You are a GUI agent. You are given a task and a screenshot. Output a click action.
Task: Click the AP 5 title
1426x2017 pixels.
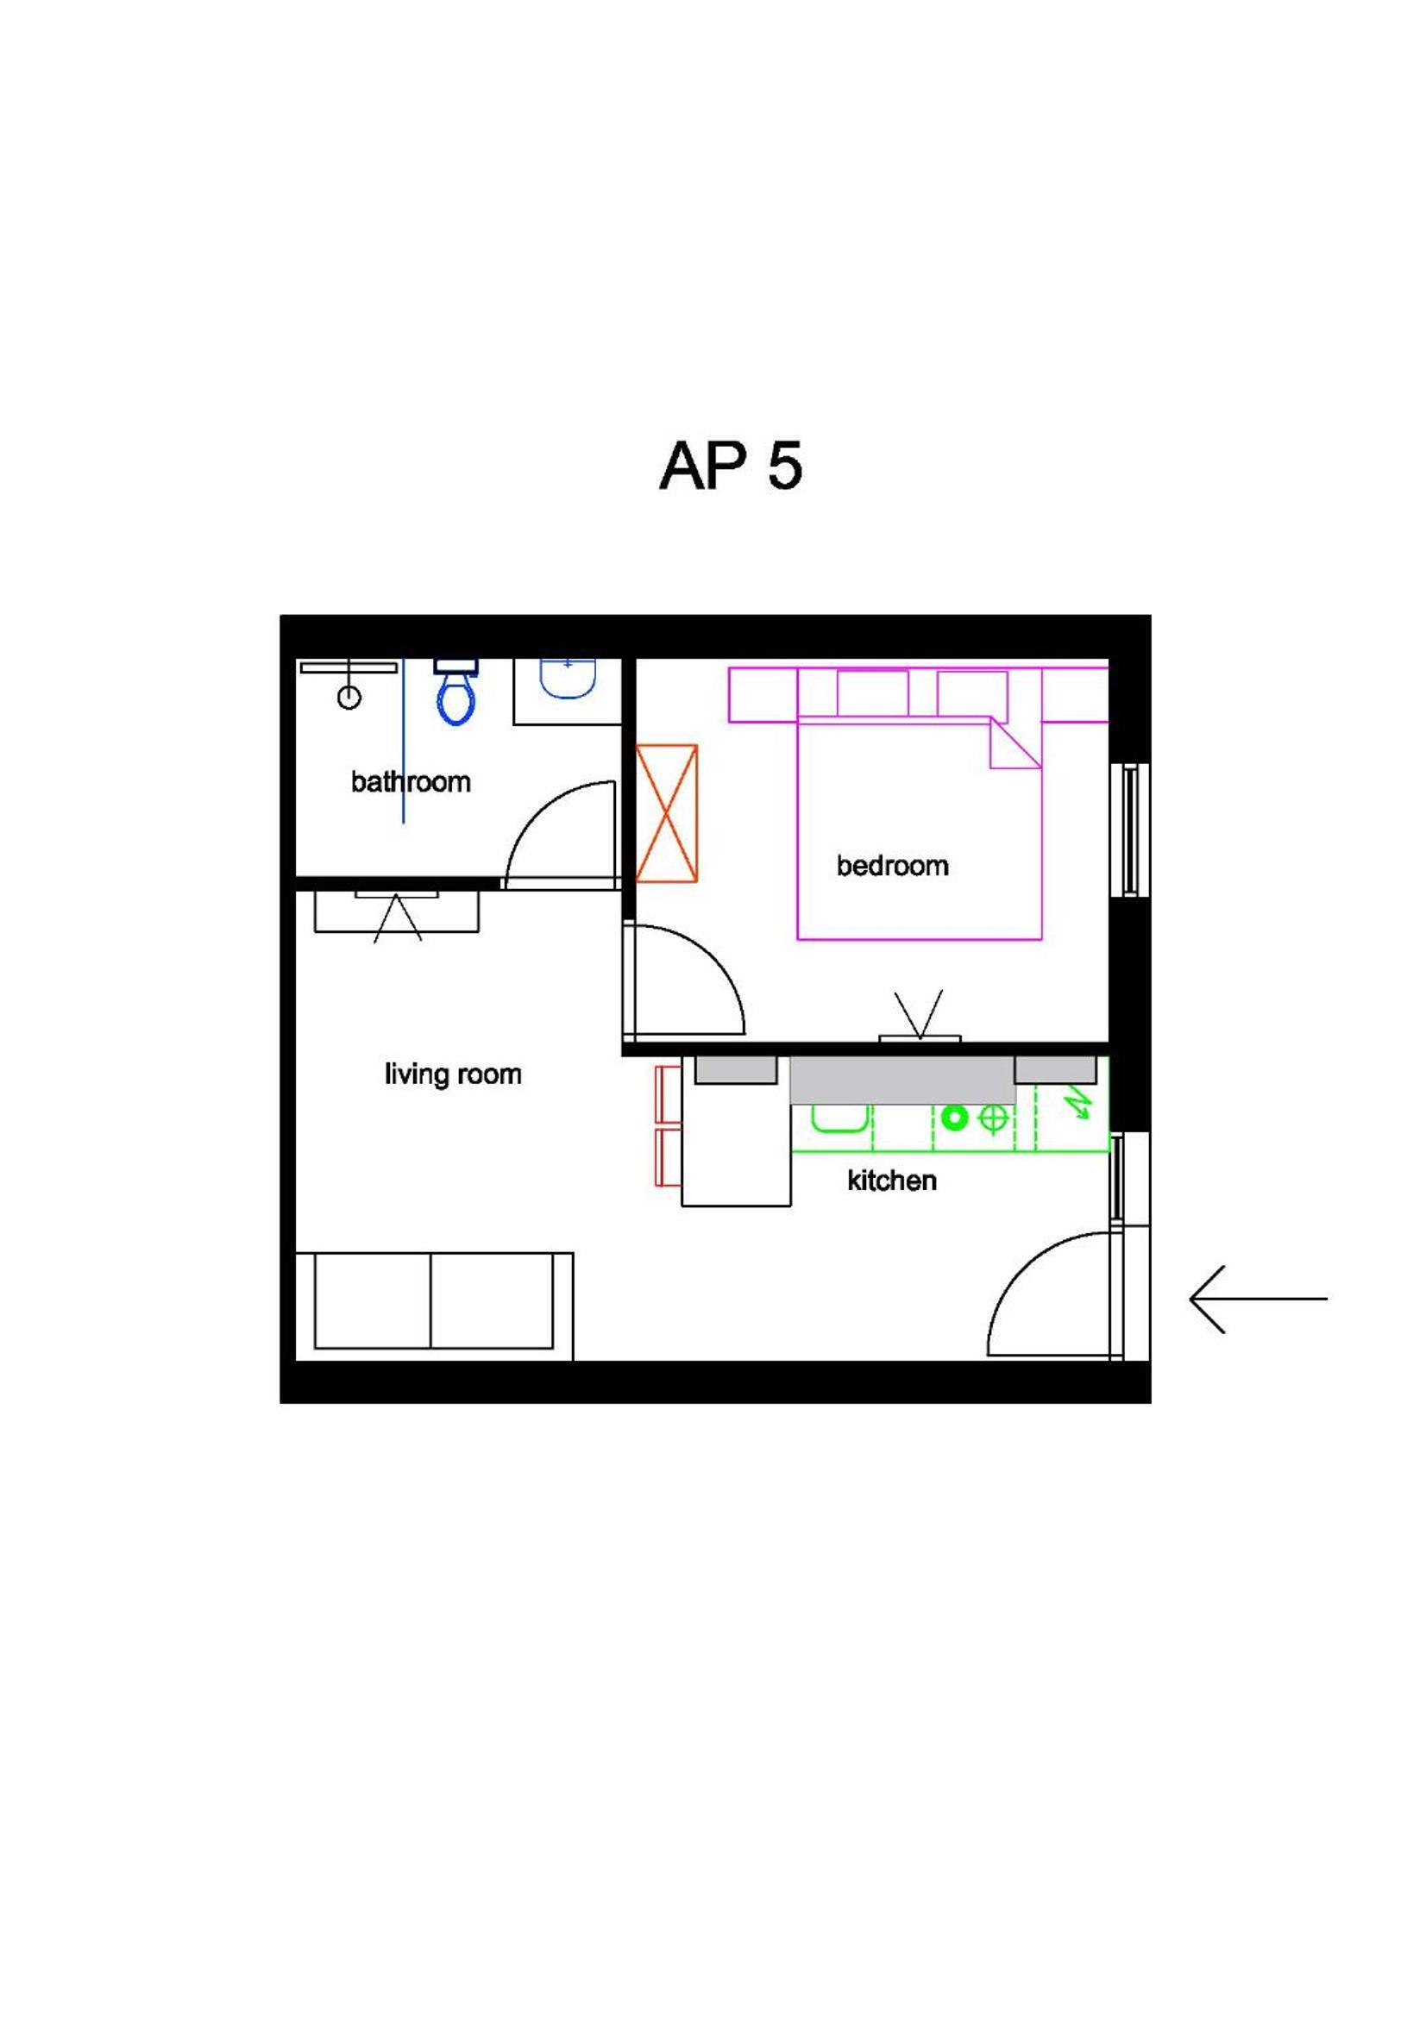tap(730, 466)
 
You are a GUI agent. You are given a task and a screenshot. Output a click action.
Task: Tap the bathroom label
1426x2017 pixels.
tap(411, 782)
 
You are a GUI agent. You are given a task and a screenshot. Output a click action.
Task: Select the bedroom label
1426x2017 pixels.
tap(892, 865)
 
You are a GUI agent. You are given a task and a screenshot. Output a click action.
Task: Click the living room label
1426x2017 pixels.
tap(453, 1074)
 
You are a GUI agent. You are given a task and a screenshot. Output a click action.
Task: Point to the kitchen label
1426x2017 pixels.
tap(891, 1181)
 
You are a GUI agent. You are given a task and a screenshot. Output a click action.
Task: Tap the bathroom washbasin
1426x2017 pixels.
tap(568, 678)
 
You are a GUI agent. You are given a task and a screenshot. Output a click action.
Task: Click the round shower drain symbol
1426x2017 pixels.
tap(349, 698)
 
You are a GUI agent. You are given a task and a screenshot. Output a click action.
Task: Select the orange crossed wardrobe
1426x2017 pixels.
tap(666, 813)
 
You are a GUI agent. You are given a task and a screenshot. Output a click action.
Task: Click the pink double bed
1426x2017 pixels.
tap(919, 829)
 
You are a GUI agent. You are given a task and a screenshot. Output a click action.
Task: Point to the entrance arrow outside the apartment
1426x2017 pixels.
tap(1258, 1299)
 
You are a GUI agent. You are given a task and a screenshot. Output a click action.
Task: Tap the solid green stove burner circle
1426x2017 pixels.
tap(954, 1118)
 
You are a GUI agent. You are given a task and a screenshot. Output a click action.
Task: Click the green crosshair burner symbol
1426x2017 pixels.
tap(994, 1118)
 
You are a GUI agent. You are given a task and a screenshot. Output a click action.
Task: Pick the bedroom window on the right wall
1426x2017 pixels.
tap(1130, 830)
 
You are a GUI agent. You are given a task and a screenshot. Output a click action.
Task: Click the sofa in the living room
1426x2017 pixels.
tap(434, 1306)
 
